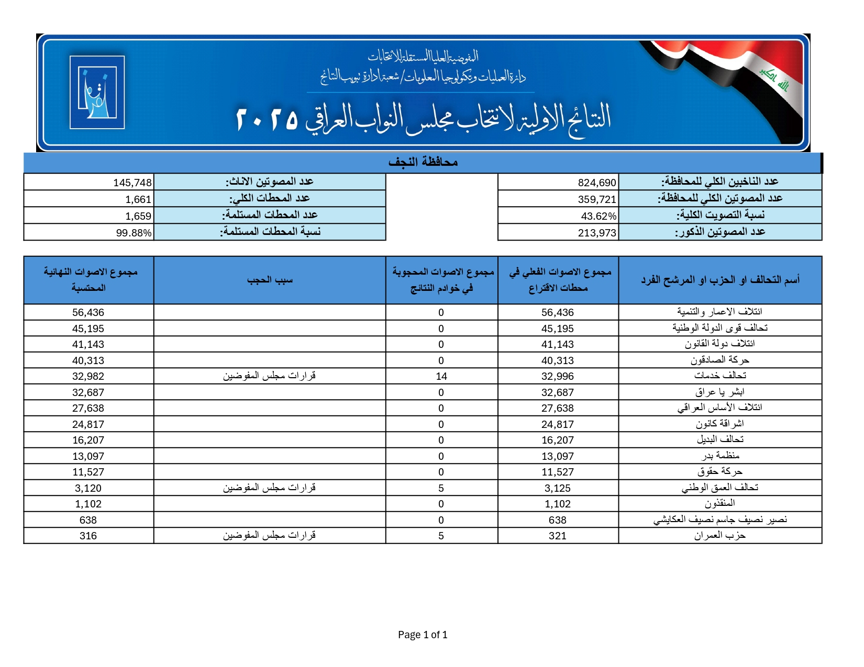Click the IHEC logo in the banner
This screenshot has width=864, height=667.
point(97,92)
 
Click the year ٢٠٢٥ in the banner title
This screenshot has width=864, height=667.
point(267,119)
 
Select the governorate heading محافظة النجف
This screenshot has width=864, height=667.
point(423,163)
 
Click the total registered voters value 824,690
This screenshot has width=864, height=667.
point(597,183)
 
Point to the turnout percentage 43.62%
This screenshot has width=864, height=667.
point(599,216)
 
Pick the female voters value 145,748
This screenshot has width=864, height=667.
point(132,183)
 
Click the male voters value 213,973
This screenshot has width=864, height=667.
point(597,233)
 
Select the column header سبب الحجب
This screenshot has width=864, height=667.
point(270,280)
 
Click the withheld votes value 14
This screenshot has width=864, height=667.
point(441,376)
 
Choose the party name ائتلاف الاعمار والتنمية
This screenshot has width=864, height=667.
point(719,312)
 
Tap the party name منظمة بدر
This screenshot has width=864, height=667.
point(721,456)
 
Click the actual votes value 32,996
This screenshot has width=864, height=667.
point(558,376)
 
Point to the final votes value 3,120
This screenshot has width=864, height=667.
point(88,488)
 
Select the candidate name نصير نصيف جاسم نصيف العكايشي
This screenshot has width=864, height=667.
point(720,519)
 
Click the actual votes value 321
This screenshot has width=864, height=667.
point(558,536)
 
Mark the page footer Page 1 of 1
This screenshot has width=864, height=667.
point(423,635)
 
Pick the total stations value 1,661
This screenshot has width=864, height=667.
point(138,199)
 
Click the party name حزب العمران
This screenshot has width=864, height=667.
point(720,536)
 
